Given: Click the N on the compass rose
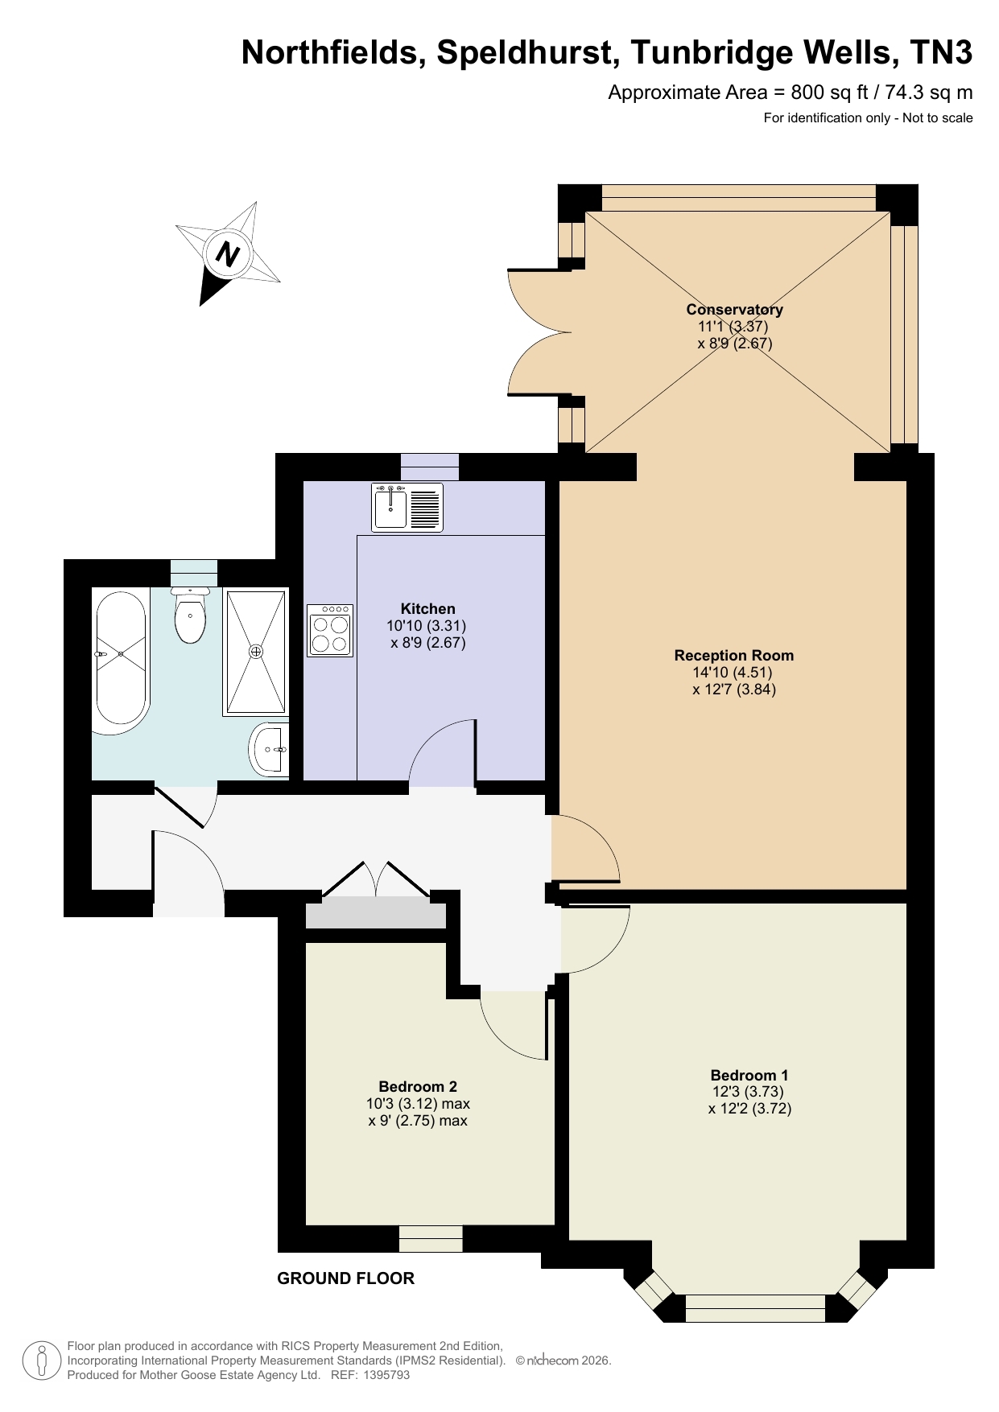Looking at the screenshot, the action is click(229, 254).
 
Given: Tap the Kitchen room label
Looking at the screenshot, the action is click(427, 609).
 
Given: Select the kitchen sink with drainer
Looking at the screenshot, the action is click(407, 507).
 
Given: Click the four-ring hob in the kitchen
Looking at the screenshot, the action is click(330, 631).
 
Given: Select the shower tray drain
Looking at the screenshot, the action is click(256, 651).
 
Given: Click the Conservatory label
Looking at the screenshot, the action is click(734, 310).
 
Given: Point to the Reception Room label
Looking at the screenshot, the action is click(734, 656).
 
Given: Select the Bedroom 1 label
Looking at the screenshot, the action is click(749, 1076).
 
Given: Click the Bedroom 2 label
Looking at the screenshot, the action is click(418, 1087).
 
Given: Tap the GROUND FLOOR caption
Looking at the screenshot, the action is click(345, 1278).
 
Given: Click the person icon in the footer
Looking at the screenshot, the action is click(42, 1361).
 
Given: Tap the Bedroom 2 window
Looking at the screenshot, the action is click(431, 1239).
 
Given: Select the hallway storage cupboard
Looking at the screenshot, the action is click(375, 916).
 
